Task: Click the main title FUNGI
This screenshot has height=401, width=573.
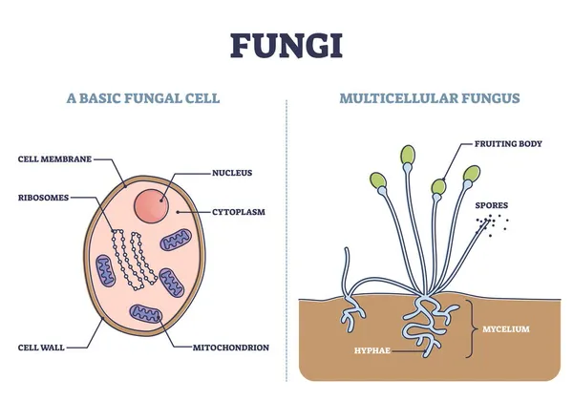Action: pyautogui.click(x=286, y=44)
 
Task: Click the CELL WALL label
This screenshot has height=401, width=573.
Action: pyautogui.click(x=39, y=347)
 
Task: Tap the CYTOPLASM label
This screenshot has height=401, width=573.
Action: pyautogui.click(x=238, y=211)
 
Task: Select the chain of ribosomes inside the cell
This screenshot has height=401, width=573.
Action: pyautogui.click(x=130, y=260)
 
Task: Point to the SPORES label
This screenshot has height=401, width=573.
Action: pyautogui.click(x=492, y=204)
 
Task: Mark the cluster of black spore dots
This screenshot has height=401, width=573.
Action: pyautogui.click(x=491, y=224)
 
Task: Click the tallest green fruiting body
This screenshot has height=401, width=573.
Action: pyautogui.click(x=408, y=155)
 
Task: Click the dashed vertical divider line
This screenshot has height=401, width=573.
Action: pyautogui.click(x=286, y=239)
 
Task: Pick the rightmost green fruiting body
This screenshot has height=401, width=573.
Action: pyautogui.click(x=471, y=174)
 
